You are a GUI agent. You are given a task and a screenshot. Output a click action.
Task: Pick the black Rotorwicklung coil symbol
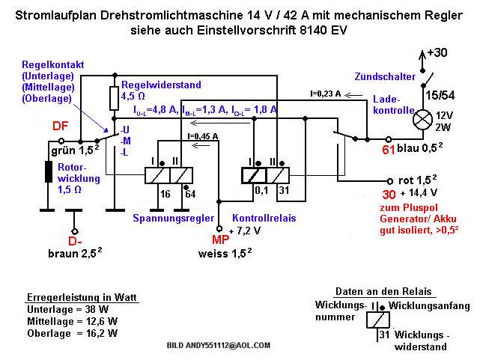point(49,171)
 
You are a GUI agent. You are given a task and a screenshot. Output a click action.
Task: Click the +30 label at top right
point(438,53)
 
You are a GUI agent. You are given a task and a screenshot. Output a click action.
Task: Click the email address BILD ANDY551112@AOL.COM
point(218,347)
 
